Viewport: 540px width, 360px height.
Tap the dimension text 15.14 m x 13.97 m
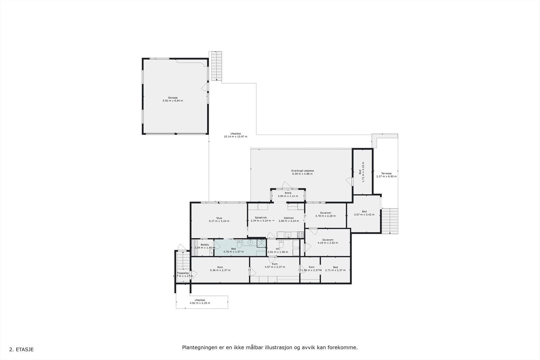point(236,137)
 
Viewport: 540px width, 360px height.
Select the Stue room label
point(219,218)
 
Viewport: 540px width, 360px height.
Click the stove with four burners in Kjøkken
point(300,234)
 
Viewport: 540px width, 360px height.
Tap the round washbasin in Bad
point(250,242)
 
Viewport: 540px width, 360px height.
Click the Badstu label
point(205,245)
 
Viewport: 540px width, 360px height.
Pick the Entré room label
point(288,193)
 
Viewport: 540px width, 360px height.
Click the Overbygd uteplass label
point(302,171)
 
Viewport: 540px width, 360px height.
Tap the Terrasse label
point(386,173)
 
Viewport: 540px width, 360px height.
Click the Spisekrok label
point(261,218)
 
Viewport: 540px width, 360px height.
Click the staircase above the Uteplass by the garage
point(216,66)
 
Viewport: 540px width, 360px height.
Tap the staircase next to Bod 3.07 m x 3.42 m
point(390,221)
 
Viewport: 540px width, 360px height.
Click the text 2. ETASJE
point(21,350)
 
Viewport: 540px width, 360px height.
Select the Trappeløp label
point(183,273)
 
